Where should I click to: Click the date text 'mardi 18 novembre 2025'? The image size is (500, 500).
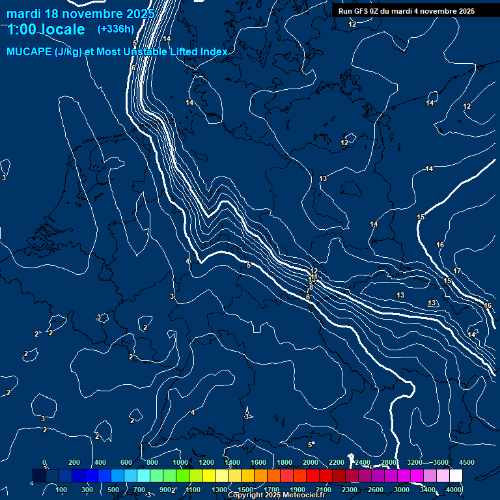81,14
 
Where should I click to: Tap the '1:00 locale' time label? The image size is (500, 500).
46,29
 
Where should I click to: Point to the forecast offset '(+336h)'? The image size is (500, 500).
115,29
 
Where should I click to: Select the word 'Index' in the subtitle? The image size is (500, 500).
214,51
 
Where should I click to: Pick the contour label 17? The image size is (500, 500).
457,271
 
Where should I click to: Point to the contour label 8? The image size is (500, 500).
311,287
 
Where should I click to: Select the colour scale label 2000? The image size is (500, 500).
311,462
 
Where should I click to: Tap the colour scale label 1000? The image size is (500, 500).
180,462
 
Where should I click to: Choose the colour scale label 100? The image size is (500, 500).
62,490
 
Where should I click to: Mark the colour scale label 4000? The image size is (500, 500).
454,490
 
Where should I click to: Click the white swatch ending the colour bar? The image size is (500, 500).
456,476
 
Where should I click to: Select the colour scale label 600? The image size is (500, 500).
126,462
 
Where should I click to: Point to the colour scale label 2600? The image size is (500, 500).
376,490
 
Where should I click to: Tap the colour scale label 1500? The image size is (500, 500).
245,490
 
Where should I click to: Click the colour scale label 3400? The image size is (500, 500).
428,490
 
